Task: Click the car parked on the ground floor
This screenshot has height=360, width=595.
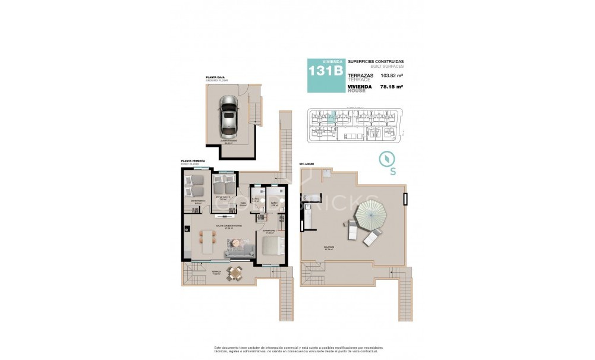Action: (x=228, y=116)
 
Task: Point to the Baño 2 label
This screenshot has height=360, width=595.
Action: (x=256, y=200)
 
